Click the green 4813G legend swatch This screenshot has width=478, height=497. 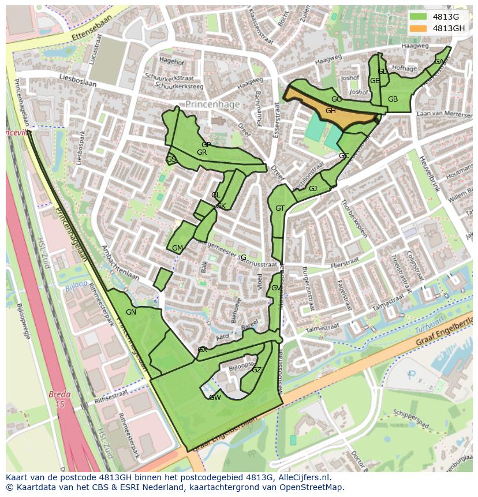419,16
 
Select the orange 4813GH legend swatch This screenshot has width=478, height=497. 419,28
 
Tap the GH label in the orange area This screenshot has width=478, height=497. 331,111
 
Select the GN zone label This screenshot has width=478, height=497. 131,312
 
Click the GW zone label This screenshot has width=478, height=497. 215,398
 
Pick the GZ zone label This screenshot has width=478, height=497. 257,370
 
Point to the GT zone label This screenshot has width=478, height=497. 280,208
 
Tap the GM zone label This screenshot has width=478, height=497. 177,248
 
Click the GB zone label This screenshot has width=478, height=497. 393,99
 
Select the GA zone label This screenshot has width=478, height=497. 439,62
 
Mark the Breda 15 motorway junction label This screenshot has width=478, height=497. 59,399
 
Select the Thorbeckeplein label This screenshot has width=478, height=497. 353,219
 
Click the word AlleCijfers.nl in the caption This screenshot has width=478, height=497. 302,477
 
